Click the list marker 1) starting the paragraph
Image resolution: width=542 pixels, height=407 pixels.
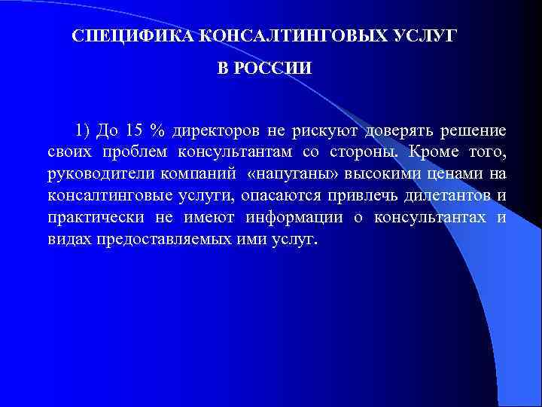[82, 131]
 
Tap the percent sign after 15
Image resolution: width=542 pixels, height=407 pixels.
[157, 131]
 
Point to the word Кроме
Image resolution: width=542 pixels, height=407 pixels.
[438, 153]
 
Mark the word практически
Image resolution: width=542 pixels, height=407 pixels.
[92, 219]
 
